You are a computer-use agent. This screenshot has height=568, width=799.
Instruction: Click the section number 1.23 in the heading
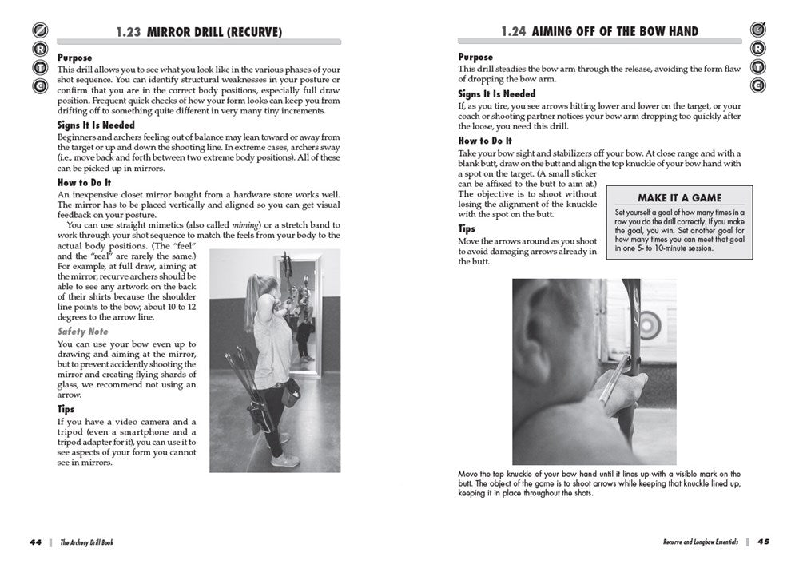[128, 32]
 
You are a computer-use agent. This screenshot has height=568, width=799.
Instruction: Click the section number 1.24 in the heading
[513, 32]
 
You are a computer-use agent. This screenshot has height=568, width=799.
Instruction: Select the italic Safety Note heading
[82, 331]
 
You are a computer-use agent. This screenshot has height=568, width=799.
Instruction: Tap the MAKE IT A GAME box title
[678, 197]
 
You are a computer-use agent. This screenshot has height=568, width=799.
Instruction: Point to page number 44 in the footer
[34, 541]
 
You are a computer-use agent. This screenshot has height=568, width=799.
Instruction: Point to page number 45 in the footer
[763, 541]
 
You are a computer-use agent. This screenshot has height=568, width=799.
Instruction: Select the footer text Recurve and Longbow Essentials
[700, 542]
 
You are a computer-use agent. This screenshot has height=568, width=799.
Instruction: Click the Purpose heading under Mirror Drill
[74, 58]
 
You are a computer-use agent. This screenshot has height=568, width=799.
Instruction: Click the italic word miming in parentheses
[244, 225]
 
